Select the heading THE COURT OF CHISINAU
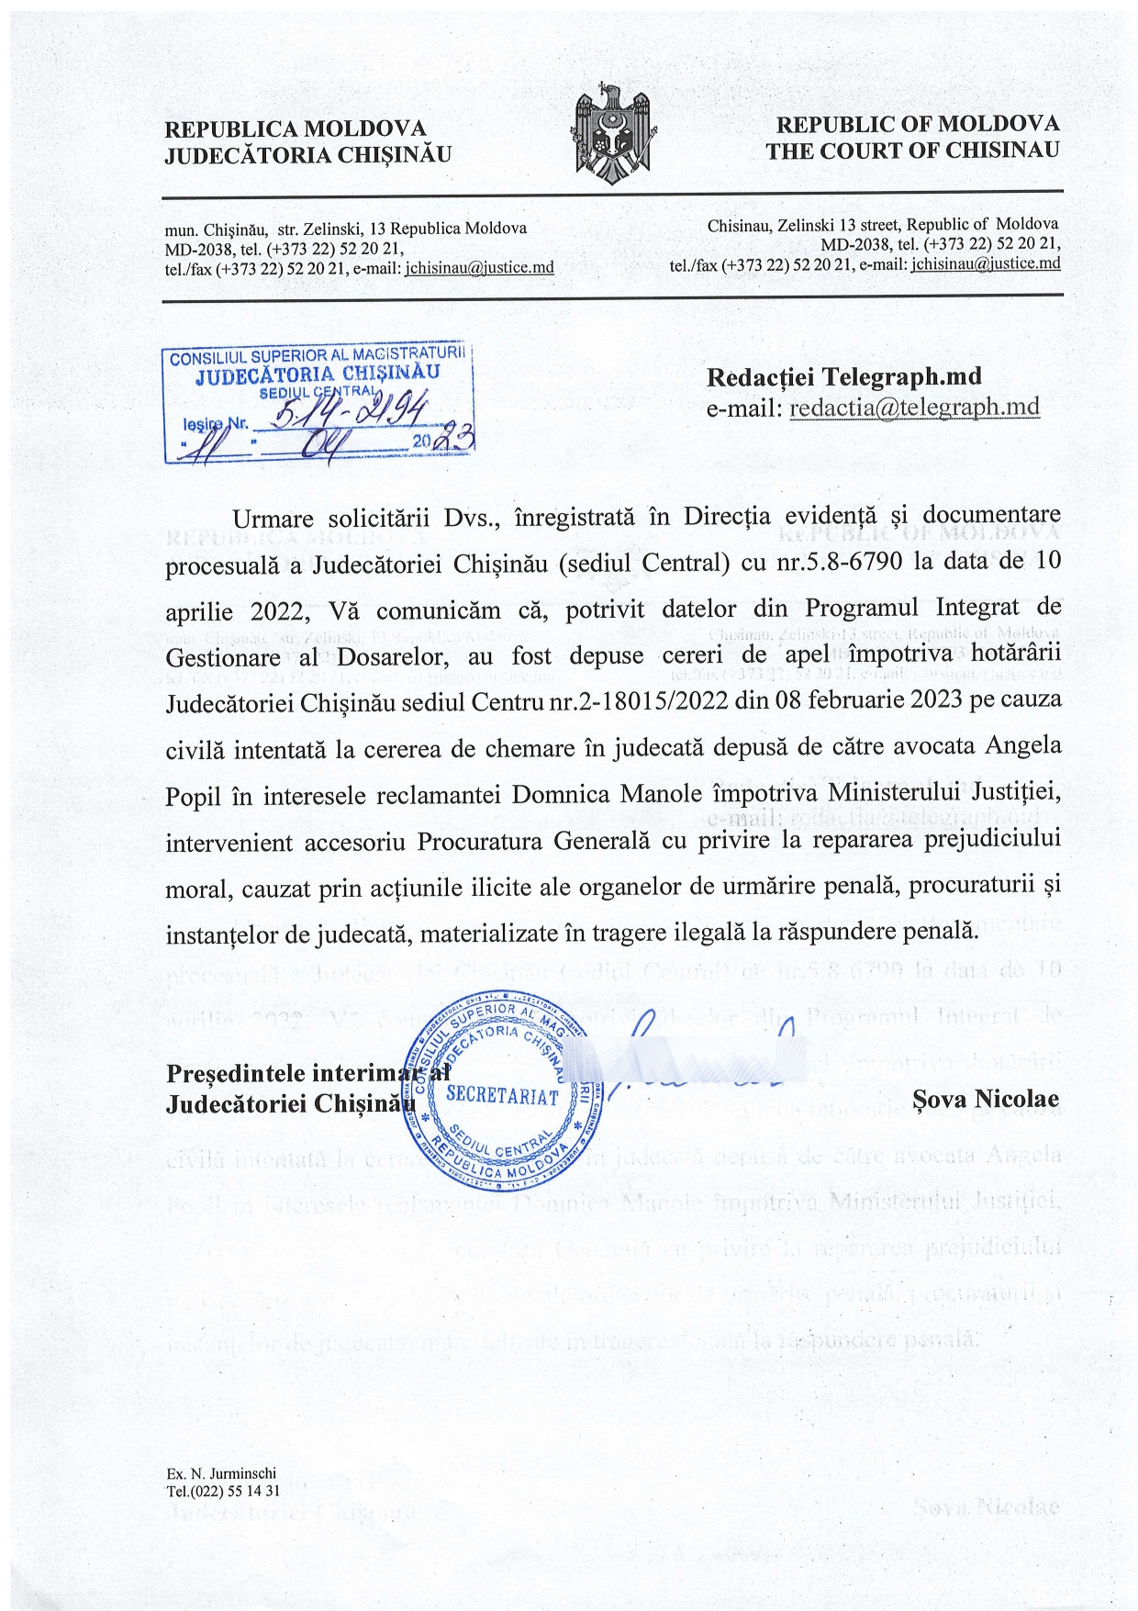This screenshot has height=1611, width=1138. tap(912, 151)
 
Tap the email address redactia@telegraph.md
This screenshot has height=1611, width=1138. tap(914, 408)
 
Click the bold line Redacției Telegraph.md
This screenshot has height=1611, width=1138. tap(843, 376)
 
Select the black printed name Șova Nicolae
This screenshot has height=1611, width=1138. tap(986, 1099)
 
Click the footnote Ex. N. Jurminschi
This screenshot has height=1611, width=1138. tap(221, 1474)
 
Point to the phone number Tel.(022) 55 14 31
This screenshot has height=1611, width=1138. tap(223, 1491)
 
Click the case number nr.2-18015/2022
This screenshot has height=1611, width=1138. tap(624, 701)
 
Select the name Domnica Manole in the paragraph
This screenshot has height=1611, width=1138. tap(598, 794)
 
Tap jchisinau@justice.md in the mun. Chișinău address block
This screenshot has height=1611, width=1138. tap(479, 268)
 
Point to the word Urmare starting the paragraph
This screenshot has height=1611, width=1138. tap(273, 520)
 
